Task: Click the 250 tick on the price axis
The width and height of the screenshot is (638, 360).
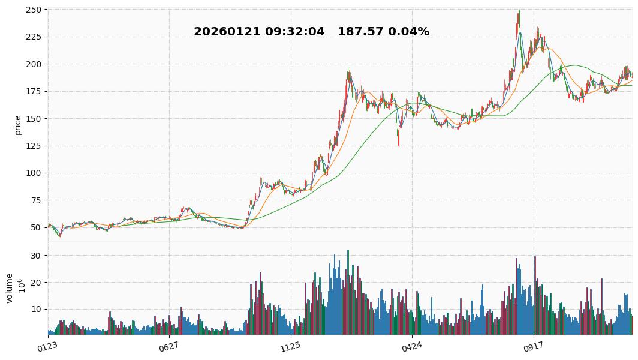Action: click(34, 10)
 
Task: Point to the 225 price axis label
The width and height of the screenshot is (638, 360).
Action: click(34, 37)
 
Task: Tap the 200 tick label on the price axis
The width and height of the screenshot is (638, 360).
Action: click(34, 64)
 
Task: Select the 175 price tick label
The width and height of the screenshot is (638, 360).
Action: click(34, 91)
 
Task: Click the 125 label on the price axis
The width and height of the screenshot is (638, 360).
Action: click(34, 146)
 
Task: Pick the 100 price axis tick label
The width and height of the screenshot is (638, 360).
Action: click(34, 173)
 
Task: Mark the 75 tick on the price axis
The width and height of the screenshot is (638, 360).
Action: click(36, 200)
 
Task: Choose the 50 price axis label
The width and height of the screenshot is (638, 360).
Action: click(36, 227)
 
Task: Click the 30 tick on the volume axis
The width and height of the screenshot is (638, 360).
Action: click(36, 256)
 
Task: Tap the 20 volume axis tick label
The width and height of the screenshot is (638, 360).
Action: click(36, 283)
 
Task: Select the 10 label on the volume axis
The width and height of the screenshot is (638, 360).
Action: click(36, 310)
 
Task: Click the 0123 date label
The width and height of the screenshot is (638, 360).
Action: click(47, 346)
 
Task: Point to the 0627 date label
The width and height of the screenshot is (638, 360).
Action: click(169, 346)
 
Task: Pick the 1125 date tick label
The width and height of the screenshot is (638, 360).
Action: click(290, 346)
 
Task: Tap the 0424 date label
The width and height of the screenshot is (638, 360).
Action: click(412, 346)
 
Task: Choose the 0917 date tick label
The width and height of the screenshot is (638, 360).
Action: click(533, 346)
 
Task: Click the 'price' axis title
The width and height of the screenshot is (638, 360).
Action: click(18, 125)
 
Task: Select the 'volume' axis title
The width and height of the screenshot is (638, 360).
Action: click(10, 288)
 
